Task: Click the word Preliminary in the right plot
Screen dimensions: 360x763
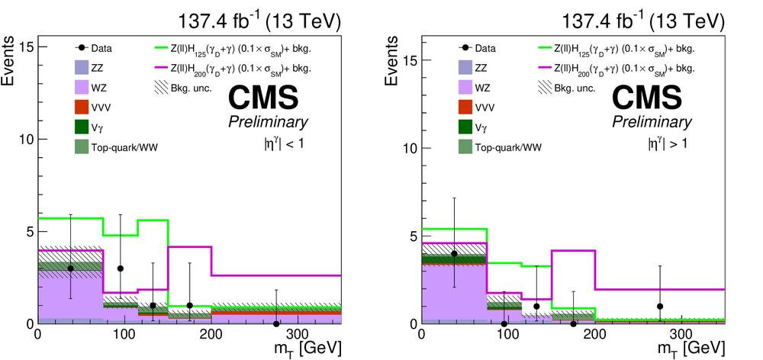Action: (650, 123)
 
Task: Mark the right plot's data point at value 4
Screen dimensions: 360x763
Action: (454, 253)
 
